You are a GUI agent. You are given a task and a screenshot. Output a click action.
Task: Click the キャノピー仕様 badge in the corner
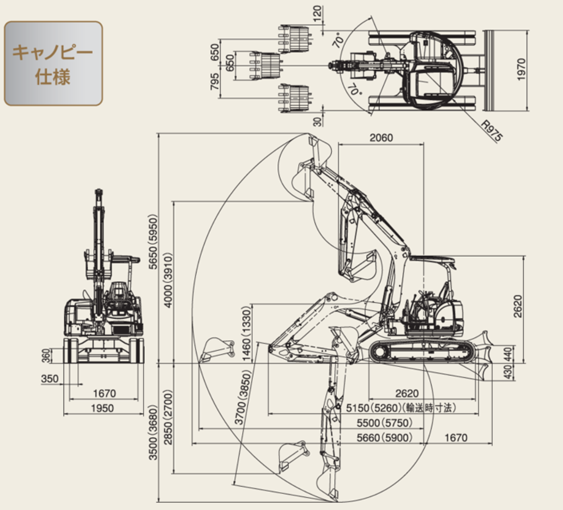(x=53, y=63)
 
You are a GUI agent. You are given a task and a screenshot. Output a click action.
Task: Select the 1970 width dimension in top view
(x=521, y=69)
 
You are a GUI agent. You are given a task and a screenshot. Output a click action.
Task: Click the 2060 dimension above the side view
(x=381, y=138)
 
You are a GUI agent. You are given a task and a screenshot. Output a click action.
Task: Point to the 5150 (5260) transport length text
(x=400, y=408)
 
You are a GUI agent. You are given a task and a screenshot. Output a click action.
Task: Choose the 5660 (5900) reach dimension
(x=384, y=437)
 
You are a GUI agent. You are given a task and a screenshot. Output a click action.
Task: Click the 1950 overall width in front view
(x=102, y=408)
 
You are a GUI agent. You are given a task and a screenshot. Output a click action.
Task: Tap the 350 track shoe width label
(x=50, y=379)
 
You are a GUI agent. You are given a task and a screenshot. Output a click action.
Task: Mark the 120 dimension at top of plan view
(x=318, y=14)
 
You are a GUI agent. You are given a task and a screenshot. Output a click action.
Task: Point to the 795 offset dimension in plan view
(x=214, y=82)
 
